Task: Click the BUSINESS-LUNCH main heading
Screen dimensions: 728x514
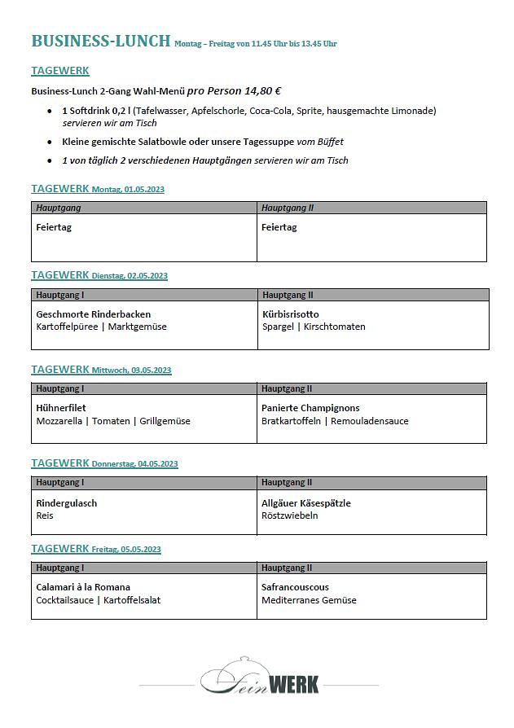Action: point(100,42)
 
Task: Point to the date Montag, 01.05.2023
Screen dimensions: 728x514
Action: point(128,190)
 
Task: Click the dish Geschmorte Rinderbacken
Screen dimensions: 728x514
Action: point(94,314)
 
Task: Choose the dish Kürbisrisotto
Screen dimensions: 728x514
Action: point(291,314)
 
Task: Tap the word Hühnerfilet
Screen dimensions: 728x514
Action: point(61,408)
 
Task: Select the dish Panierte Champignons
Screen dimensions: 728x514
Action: point(310,408)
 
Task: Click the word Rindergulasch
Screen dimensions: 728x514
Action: point(67,502)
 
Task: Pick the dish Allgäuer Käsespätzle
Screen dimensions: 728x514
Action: point(306,502)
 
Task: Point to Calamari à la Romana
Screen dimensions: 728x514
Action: point(83,587)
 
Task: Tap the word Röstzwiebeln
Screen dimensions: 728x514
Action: point(290,515)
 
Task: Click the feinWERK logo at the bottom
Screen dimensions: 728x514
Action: point(260,678)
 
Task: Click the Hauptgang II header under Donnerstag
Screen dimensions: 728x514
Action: point(288,483)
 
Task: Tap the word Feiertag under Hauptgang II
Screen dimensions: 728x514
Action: point(279,227)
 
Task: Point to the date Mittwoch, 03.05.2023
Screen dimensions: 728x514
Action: point(131,371)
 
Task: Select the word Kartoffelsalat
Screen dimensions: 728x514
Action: point(132,600)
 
